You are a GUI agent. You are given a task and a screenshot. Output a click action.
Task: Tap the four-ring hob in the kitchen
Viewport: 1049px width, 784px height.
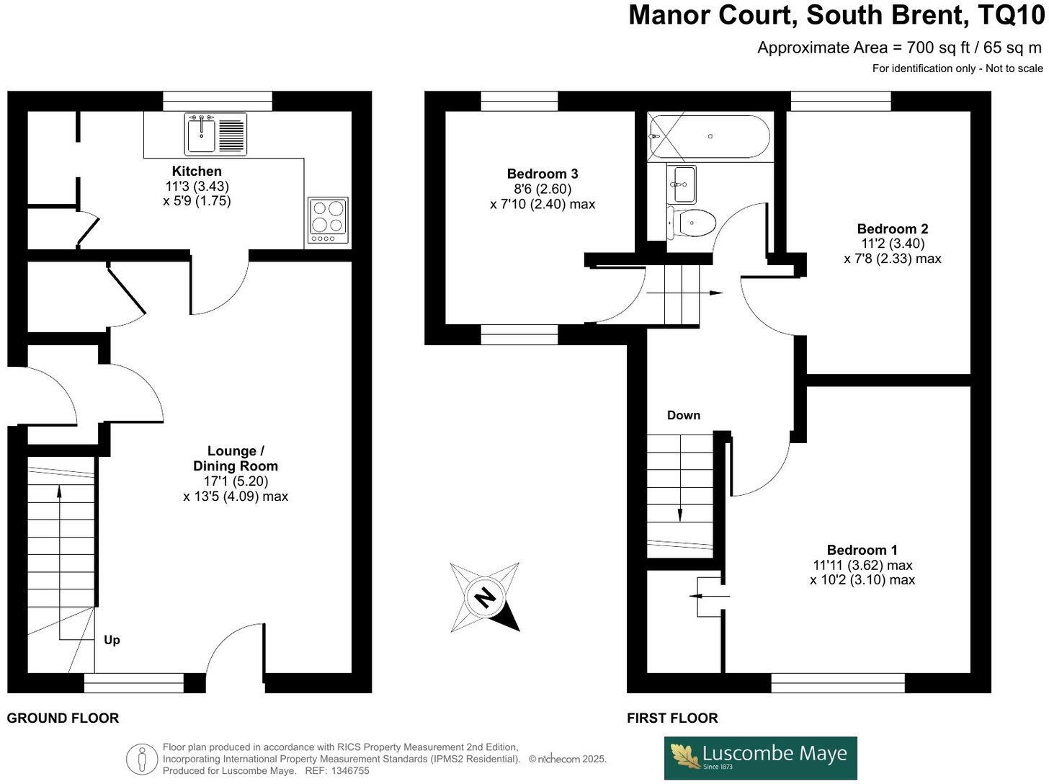pos(328,220)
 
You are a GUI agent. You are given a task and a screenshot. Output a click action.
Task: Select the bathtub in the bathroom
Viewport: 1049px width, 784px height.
pos(709,136)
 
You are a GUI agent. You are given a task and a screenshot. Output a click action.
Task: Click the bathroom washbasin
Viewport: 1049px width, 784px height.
pos(682,184)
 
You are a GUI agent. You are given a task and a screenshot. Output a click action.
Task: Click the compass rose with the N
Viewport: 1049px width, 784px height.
pos(485,597)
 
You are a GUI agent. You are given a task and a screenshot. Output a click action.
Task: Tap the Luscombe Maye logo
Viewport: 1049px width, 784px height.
pos(760,757)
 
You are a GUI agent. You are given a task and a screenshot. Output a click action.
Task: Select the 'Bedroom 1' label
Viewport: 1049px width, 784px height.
pos(862,550)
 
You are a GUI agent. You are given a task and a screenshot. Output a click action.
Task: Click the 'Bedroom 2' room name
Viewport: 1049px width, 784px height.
pos(892,228)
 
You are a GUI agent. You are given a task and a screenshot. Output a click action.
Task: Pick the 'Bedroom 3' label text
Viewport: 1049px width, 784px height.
pos(542,174)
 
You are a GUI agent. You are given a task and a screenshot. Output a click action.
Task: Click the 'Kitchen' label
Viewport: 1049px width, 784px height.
pos(197,171)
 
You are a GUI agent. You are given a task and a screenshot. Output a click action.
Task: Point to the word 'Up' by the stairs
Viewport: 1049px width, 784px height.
pos(112,640)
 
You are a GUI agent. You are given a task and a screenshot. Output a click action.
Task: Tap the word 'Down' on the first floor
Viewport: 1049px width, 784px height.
pos(683,415)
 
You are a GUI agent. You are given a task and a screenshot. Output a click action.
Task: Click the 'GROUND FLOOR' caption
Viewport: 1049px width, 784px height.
pos(63,718)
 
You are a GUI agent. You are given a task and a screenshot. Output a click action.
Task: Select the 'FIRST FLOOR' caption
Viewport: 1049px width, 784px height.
pos(671,718)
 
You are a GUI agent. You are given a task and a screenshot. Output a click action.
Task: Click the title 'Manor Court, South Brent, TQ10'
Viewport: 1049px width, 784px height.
pos(836,15)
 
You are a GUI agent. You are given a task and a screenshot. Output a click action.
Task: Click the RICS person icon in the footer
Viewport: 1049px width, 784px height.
pos(142,759)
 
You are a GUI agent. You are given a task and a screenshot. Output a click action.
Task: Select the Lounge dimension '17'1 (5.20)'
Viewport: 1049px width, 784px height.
pos(236,481)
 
